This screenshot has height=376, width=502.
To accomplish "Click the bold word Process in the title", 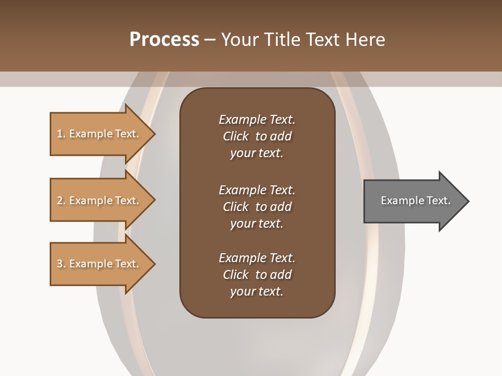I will click(164, 40).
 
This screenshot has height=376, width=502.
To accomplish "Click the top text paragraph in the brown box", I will click(257, 136).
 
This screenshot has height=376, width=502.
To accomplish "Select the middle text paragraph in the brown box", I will click(257, 207).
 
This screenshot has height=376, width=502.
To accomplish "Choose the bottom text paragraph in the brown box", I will click(257, 275).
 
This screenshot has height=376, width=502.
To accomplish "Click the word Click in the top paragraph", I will click(236, 136).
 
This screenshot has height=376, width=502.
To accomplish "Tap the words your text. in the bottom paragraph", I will click(257, 291).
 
